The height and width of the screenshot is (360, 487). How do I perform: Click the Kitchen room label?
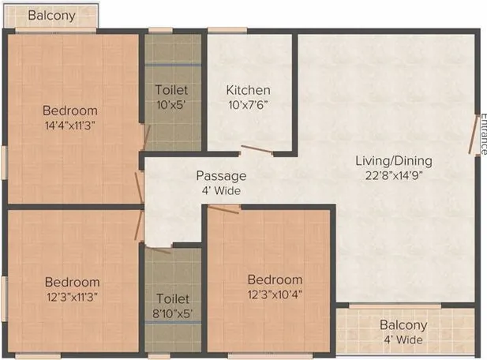click(248, 90)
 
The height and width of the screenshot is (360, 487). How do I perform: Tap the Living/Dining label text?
click(393, 160)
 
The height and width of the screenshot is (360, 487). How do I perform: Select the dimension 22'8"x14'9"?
click(393, 175)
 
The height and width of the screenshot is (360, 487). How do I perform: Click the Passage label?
click(221, 175)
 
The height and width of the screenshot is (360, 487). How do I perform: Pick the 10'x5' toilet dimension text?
click(171, 104)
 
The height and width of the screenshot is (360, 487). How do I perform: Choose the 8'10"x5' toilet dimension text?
click(172, 313)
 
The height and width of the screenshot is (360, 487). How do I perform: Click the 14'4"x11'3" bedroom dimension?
click(70, 125)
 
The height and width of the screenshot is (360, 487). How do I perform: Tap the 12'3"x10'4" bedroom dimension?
click(275, 294)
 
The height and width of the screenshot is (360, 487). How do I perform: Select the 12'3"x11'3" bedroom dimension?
click(72, 296)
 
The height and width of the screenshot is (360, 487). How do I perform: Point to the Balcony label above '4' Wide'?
click(403, 324)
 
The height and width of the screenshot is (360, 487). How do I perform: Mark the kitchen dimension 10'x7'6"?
click(248, 104)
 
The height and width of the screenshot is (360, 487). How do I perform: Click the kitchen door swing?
click(256, 148)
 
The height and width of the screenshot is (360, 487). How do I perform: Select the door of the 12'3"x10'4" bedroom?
click(224, 208)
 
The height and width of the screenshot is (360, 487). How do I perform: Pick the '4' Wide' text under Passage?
click(221, 190)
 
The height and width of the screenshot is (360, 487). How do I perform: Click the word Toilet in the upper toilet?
click(171, 90)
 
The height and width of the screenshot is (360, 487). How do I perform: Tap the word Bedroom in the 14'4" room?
click(70, 111)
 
